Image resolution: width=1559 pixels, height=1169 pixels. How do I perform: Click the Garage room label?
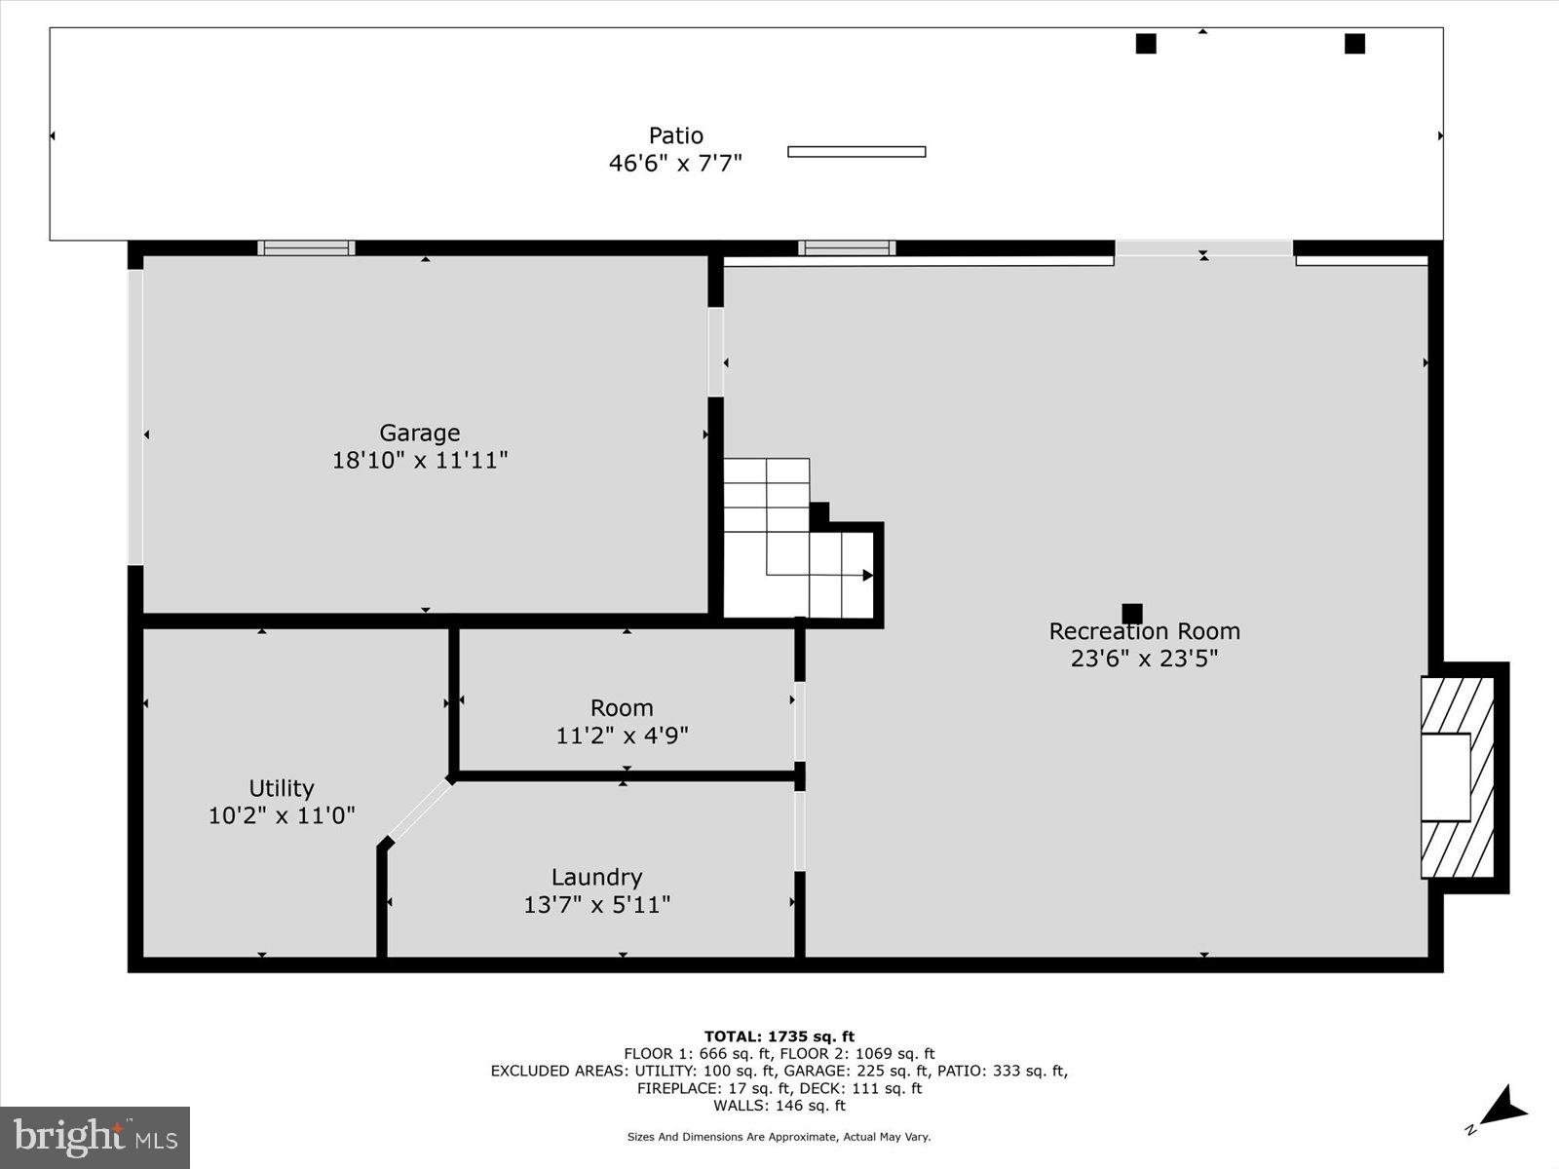(x=419, y=433)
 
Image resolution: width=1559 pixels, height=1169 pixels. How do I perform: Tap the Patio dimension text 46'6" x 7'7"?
(x=675, y=164)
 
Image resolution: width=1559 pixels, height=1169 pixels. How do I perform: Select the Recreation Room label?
(x=1144, y=631)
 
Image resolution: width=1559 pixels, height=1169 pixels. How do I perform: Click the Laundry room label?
(x=596, y=878)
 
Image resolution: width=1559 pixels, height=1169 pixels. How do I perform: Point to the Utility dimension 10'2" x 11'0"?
(x=282, y=815)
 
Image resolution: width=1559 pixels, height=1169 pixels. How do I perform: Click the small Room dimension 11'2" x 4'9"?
(x=622, y=735)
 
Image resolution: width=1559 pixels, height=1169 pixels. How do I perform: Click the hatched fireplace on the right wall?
(x=1457, y=777)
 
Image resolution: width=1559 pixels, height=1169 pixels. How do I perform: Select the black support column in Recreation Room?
(x=1131, y=614)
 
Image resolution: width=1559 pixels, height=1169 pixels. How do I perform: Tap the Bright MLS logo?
(x=95, y=1137)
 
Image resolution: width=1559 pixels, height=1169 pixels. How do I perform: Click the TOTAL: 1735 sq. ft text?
(x=779, y=1037)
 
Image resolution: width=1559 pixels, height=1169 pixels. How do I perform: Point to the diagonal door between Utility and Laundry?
(x=420, y=810)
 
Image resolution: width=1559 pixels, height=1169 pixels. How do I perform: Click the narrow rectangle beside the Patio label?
(x=856, y=152)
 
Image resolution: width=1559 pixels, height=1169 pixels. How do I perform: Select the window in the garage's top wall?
(x=306, y=248)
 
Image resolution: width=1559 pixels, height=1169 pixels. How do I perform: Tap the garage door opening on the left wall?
(x=135, y=417)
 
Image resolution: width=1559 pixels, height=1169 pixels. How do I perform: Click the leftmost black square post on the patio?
(x=1146, y=44)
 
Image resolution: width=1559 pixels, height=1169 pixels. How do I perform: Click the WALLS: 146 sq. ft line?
(x=779, y=1106)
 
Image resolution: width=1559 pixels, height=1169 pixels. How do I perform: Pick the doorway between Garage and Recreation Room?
(x=715, y=352)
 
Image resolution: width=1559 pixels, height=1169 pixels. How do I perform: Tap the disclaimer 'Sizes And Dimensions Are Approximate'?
(x=779, y=1137)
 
